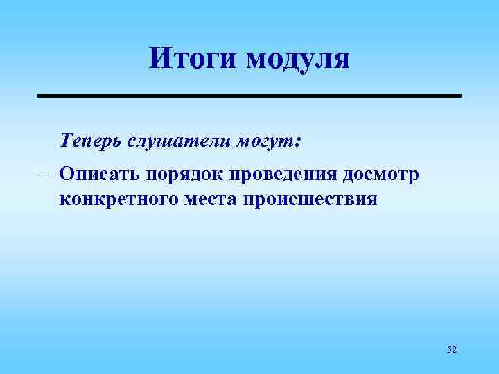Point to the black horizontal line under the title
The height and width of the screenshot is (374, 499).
pyautogui.click(x=249, y=95)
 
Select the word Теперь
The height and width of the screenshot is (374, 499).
pyautogui.click(x=91, y=142)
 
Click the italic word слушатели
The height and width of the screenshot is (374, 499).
pyautogui.click(x=178, y=142)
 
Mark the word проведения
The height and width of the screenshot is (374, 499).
pyautogui.click(x=266, y=175)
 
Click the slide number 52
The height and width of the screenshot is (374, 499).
pyautogui.click(x=452, y=350)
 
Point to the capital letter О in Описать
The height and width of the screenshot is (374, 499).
pyautogui.click(x=67, y=173)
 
